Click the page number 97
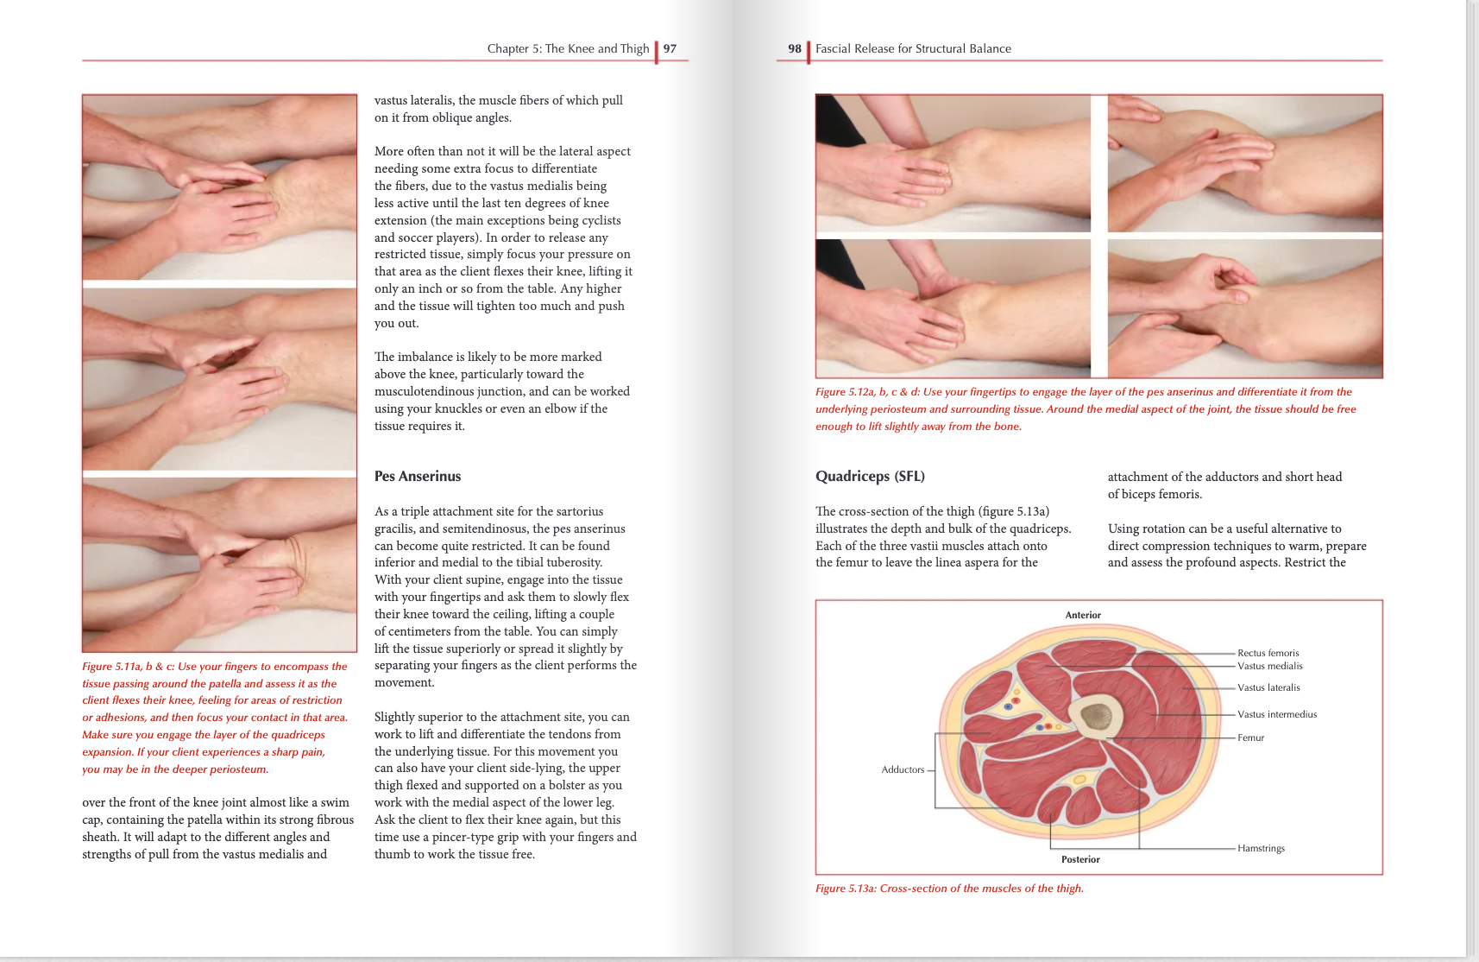point(670,49)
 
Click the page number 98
point(794,49)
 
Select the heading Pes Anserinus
point(418,477)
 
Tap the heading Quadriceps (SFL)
point(870,477)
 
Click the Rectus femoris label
point(1268,654)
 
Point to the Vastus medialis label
point(1269,667)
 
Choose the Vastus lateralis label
point(1268,688)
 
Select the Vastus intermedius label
point(1277,715)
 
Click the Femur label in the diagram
point(1250,738)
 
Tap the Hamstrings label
point(1261,849)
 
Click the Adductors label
point(903,770)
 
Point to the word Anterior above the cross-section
point(1083,616)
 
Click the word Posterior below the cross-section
point(1080,860)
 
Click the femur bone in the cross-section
point(1096,716)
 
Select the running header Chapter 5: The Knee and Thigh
point(568,49)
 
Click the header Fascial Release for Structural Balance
point(913,49)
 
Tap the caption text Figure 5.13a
point(845,889)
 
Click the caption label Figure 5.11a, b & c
point(128,667)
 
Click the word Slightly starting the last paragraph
point(393,718)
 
